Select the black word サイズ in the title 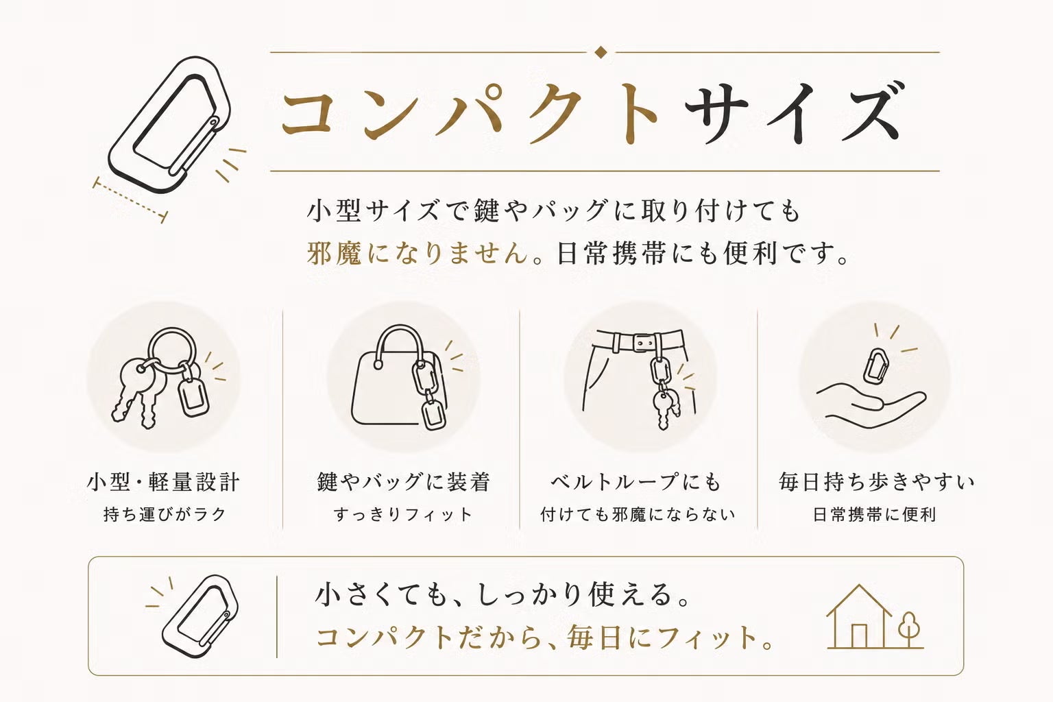pos(792,113)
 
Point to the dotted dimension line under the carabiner pos(130,199)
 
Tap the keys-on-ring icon pos(162,377)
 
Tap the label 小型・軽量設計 pos(163,482)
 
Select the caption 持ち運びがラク pos(165,514)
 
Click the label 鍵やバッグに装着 pos(403,482)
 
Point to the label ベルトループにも pos(636,482)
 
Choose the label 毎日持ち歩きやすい pos(876,482)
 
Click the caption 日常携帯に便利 pos(874,514)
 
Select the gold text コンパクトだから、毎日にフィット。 pos(544,638)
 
